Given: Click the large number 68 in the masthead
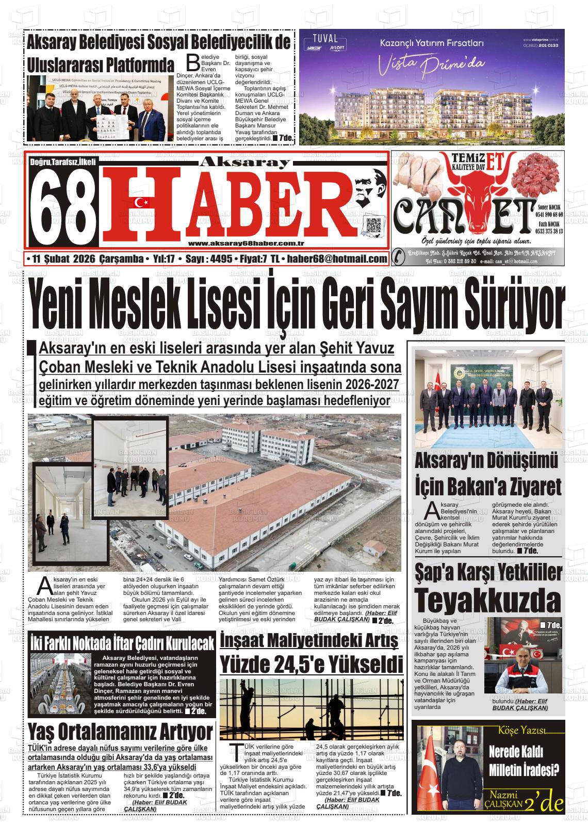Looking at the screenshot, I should tap(64, 207).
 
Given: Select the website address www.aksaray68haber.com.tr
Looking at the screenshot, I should tap(246, 244).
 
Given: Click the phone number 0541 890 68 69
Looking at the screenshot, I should tap(549, 214).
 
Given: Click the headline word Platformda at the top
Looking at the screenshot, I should tap(138, 67).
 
